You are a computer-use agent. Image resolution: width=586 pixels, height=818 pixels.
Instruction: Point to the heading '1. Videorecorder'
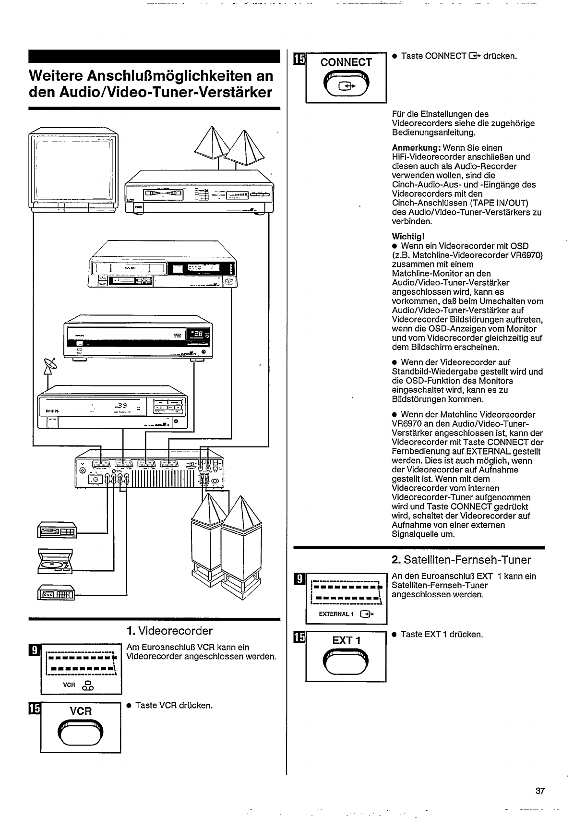pos(169,630)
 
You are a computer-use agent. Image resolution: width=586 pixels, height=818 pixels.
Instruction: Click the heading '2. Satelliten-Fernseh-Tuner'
pos(462,560)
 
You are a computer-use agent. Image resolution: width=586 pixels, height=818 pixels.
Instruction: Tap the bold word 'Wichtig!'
pos(408,236)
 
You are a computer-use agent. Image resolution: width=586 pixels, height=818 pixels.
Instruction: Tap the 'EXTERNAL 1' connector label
pos(336,614)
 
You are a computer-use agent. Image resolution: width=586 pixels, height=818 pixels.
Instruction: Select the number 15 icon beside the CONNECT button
pos(299,59)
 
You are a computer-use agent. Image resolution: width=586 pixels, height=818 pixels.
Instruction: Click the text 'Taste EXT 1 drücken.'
pos(442,634)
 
